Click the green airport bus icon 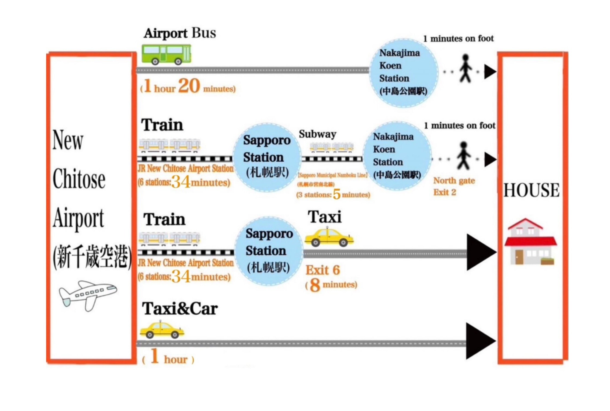click(x=166, y=55)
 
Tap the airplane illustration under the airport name click(x=88, y=295)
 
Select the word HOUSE click(x=531, y=190)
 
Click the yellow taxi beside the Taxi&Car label click(x=162, y=330)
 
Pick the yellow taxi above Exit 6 click(x=329, y=238)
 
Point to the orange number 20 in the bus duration click(x=189, y=86)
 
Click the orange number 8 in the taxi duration click(x=315, y=285)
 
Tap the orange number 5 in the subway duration click(x=337, y=194)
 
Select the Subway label click(x=318, y=134)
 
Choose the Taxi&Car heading click(x=180, y=309)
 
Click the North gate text click(x=454, y=181)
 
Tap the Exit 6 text click(x=323, y=270)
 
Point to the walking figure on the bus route click(x=465, y=69)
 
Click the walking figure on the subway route click(x=464, y=156)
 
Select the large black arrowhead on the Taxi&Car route click(x=480, y=341)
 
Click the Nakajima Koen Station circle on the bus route click(x=404, y=72)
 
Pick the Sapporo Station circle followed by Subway click(x=267, y=157)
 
